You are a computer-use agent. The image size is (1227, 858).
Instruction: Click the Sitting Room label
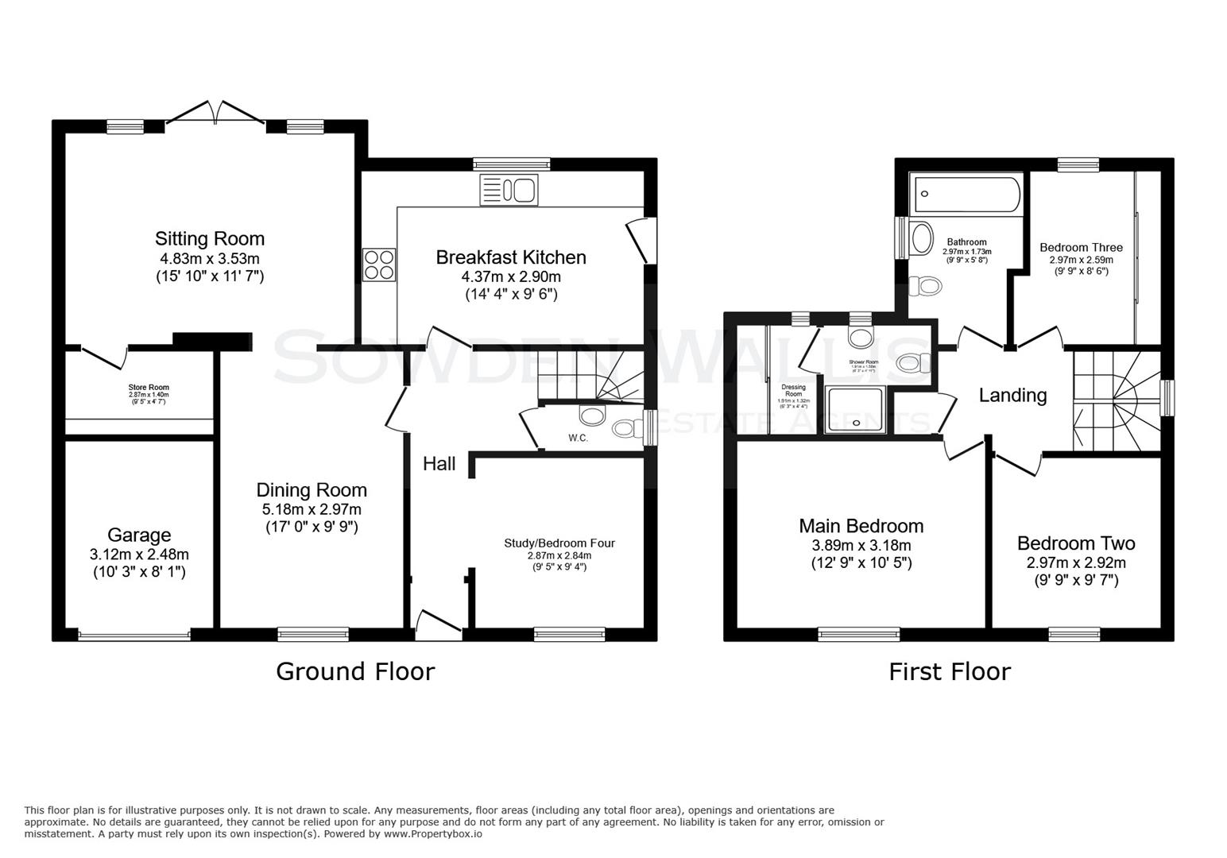pyautogui.click(x=210, y=238)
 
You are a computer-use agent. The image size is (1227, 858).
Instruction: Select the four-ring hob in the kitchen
pyautogui.click(x=379, y=265)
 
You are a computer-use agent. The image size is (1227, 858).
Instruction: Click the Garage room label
pyautogui.click(x=139, y=535)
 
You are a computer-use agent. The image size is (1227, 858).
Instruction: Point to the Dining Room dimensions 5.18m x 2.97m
pyautogui.click(x=312, y=509)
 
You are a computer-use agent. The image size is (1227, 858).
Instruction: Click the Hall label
pyautogui.click(x=439, y=464)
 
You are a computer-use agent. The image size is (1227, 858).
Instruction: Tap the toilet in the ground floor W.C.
pyautogui.click(x=626, y=429)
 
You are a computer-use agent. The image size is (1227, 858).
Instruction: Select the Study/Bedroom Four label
pyautogui.click(x=559, y=543)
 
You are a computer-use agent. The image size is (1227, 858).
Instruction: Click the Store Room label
pyautogui.click(x=149, y=388)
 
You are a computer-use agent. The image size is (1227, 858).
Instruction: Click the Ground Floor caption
pyautogui.click(x=355, y=672)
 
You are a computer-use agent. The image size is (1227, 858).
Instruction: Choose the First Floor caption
pyautogui.click(x=949, y=672)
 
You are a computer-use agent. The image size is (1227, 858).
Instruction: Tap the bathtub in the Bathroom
pyautogui.click(x=967, y=195)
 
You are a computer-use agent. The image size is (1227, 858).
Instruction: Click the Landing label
pyautogui.click(x=1012, y=395)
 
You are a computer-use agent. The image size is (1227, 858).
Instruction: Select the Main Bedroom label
pyautogui.click(x=861, y=526)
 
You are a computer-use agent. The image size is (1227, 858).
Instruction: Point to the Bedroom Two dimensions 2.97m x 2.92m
pyautogui.click(x=1076, y=563)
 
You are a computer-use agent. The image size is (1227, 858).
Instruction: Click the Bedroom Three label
pyautogui.click(x=1081, y=248)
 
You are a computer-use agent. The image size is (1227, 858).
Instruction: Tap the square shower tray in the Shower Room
pyautogui.click(x=854, y=410)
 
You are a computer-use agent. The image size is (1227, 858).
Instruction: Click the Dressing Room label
pyautogui.click(x=793, y=390)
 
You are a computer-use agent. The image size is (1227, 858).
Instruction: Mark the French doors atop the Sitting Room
pyautogui.click(x=215, y=113)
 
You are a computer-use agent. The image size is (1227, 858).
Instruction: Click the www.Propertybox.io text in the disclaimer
pyautogui.click(x=433, y=834)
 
